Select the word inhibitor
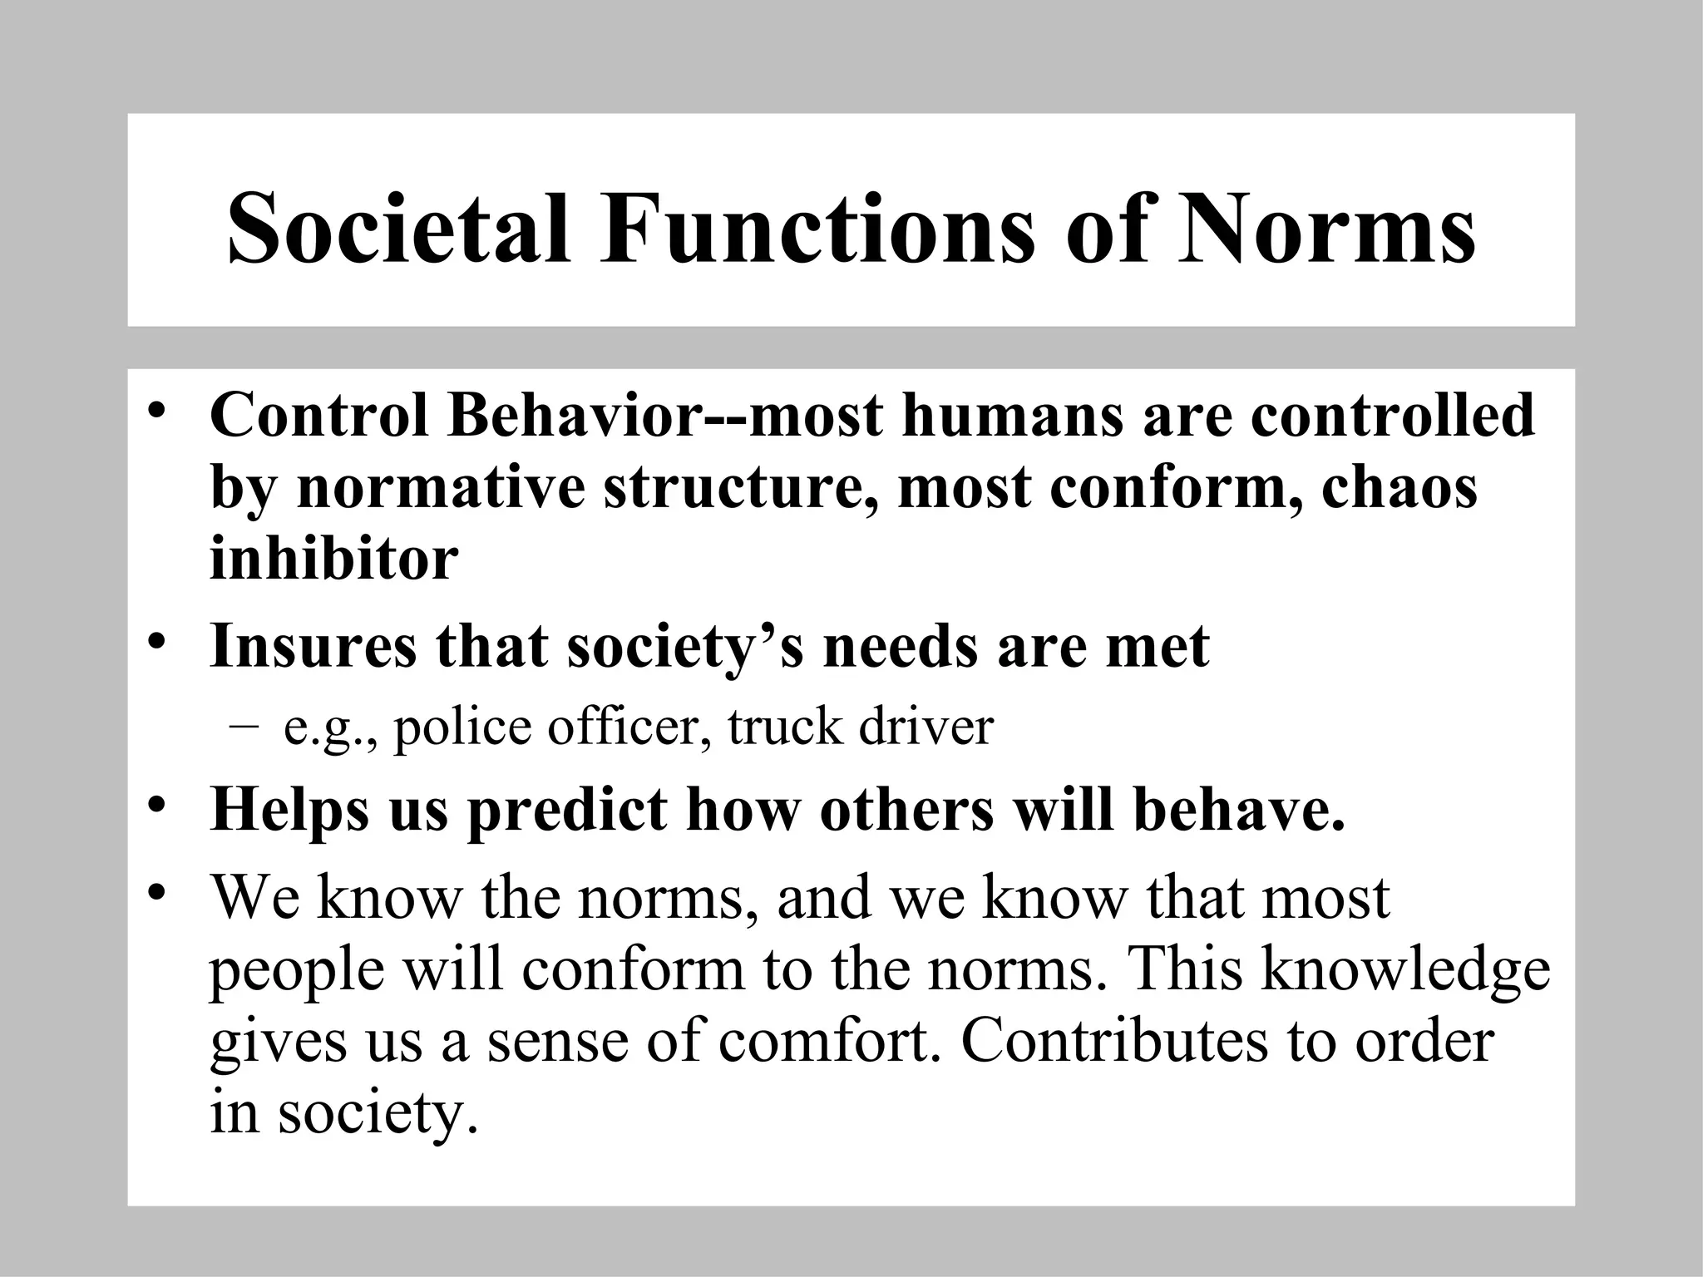pos(333,559)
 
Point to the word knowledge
pos(1405,971)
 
